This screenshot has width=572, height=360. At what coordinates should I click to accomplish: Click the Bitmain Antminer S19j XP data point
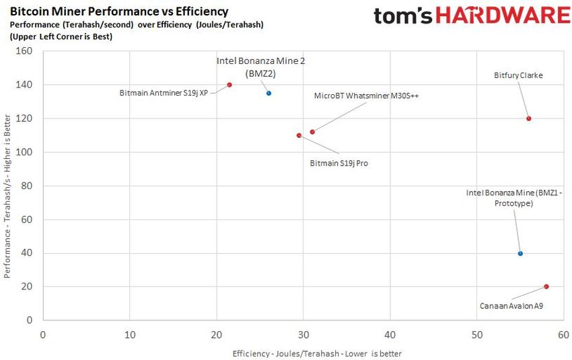[229, 85]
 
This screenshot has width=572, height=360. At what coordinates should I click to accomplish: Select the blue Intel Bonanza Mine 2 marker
[269, 93]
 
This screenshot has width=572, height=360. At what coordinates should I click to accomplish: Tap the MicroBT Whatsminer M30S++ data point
[312, 132]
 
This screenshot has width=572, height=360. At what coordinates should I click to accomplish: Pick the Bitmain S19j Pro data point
[299, 135]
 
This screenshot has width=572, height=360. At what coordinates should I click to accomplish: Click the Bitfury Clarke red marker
[529, 118]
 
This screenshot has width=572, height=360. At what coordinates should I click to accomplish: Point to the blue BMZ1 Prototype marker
[520, 254]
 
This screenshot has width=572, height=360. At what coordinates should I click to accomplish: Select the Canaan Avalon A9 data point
[546, 287]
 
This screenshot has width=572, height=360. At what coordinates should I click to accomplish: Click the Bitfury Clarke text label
[518, 76]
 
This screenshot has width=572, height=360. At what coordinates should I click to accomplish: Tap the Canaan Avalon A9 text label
[511, 305]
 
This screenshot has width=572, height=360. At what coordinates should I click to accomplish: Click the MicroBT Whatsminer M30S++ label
[367, 96]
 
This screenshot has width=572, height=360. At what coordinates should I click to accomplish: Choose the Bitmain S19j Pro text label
[338, 163]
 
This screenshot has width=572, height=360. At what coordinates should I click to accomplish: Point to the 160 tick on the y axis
[24, 51]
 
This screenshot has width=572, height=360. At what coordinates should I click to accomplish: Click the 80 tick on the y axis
[27, 186]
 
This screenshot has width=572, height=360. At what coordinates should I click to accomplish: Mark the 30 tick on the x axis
[303, 334]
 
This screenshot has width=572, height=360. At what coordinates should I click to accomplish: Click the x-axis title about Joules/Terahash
[317, 353]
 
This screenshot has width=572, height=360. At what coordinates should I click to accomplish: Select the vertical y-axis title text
[7, 195]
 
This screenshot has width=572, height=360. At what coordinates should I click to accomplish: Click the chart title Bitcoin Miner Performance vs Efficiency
[119, 11]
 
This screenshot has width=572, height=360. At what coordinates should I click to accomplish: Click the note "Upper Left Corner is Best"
[61, 36]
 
